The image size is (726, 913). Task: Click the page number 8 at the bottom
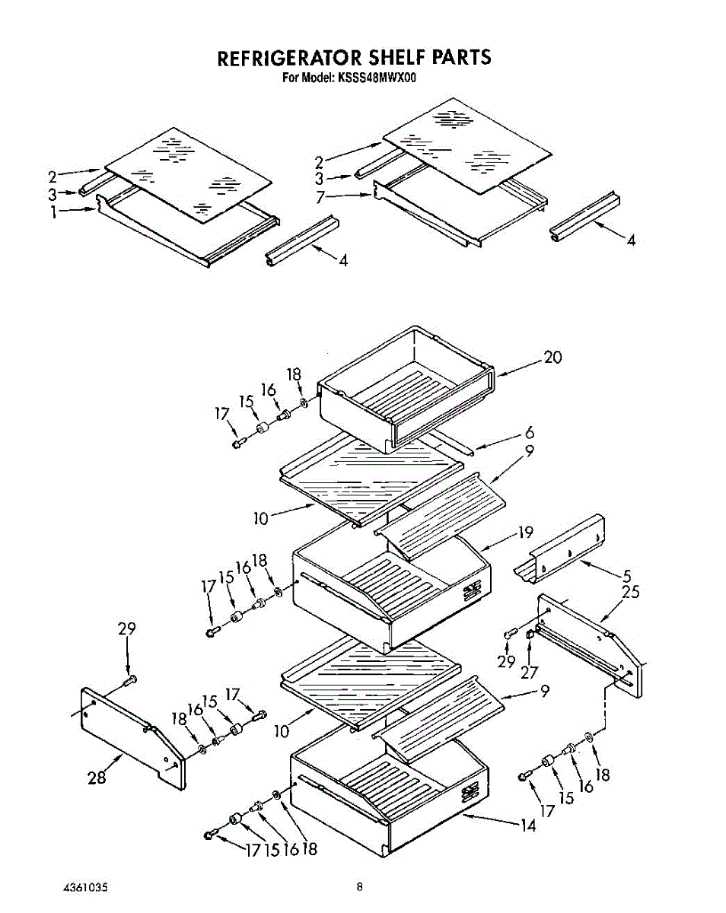click(359, 886)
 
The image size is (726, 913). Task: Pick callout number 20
click(553, 357)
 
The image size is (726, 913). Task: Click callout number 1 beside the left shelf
click(54, 213)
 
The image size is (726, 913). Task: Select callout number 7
click(321, 196)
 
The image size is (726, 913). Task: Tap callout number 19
click(526, 533)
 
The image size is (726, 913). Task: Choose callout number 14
click(528, 825)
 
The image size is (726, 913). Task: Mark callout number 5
click(626, 577)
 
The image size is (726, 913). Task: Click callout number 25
click(630, 592)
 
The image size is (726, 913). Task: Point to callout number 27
click(530, 673)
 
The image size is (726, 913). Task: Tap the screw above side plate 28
click(130, 679)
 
